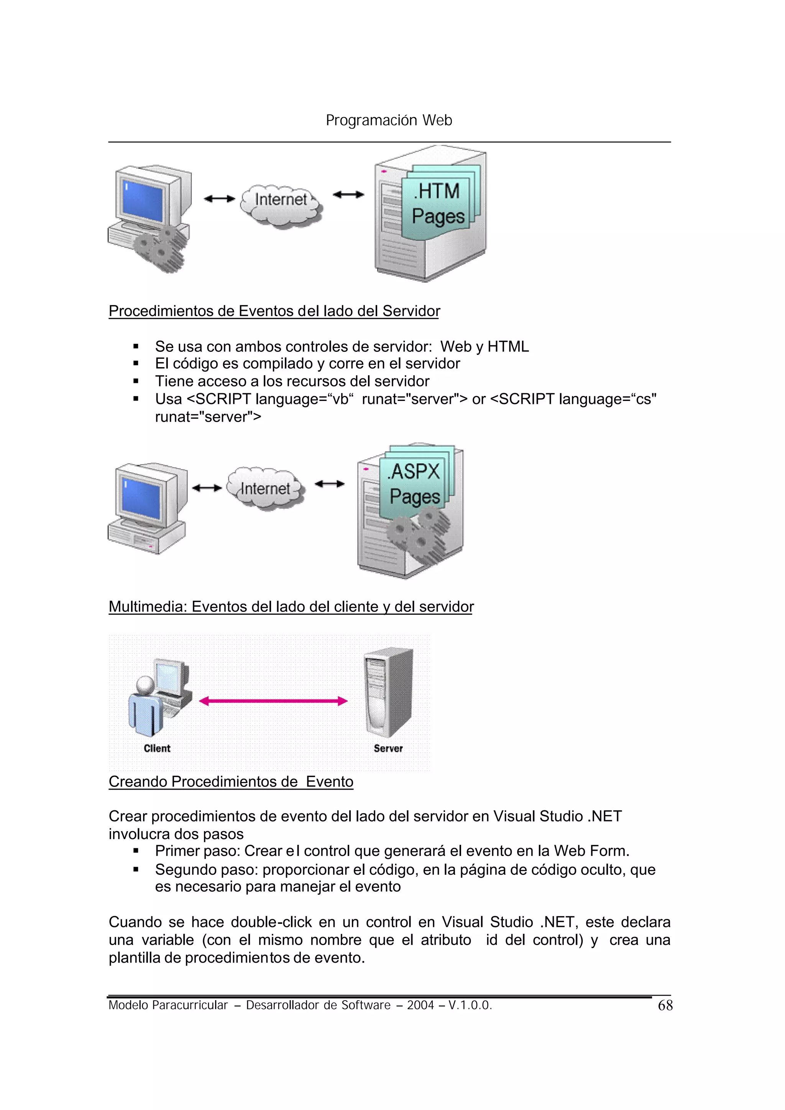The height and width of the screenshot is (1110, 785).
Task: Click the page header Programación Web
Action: coord(389,120)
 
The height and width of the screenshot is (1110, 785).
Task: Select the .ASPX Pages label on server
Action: coord(415,484)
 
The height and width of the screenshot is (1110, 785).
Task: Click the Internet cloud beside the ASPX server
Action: coord(265,488)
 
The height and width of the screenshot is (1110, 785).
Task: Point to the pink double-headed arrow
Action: coord(273,701)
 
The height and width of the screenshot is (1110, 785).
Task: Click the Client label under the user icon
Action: coord(157,748)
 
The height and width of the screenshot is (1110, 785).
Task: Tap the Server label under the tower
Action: coord(388,748)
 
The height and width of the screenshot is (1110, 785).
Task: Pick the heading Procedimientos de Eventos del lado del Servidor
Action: coord(274,311)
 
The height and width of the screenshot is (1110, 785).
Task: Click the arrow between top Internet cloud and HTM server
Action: coord(348,195)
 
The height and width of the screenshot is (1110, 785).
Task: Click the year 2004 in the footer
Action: coord(420,1005)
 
